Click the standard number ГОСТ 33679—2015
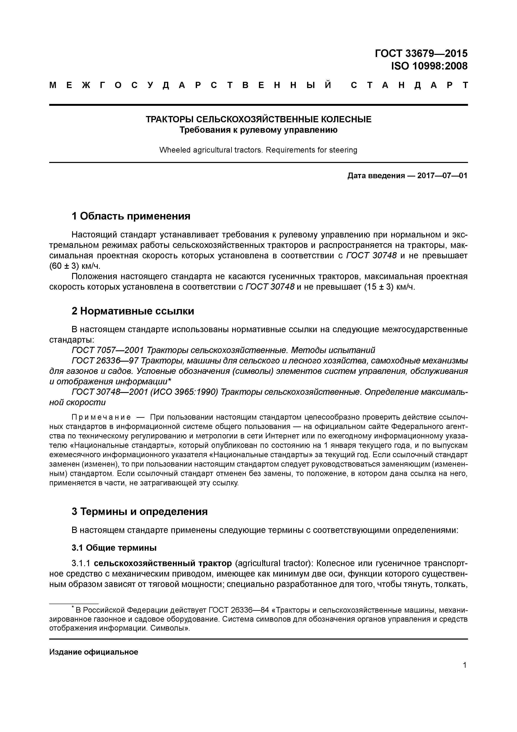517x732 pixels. tap(421, 53)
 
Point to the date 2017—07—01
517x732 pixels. tap(442, 176)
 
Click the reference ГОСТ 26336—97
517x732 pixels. tap(105, 361)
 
